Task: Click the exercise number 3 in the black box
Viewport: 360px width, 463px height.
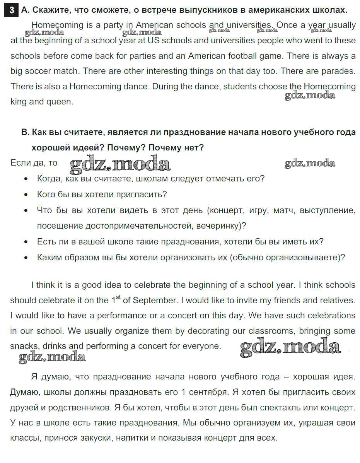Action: [12, 10]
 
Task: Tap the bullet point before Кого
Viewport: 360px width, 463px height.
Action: [26, 195]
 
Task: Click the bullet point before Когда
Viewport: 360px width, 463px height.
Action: [26, 179]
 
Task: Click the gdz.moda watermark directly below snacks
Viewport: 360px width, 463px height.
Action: [52, 357]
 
